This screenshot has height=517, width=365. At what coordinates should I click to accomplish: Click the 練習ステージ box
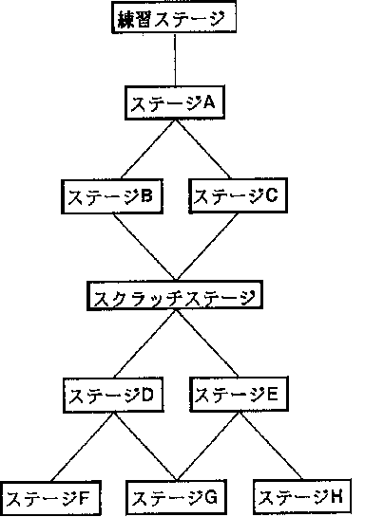[x=174, y=17]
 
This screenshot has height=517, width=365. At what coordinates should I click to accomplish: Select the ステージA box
[x=175, y=102]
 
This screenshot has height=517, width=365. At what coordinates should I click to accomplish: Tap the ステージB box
[x=112, y=196]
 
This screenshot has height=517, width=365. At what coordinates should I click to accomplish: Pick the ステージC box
[x=239, y=195]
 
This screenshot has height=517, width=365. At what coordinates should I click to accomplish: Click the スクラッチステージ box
[x=175, y=296]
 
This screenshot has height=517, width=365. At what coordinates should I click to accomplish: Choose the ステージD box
[x=113, y=396]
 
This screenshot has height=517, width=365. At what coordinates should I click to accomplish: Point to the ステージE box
[x=240, y=395]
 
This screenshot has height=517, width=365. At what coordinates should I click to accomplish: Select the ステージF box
[x=50, y=499]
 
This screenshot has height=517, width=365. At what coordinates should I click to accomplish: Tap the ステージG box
[x=177, y=497]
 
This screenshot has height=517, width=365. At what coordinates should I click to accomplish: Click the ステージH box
[x=302, y=496]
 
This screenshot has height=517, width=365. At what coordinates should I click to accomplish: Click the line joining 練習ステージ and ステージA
[x=175, y=60]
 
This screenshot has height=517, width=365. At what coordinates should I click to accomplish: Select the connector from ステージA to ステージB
[x=148, y=149]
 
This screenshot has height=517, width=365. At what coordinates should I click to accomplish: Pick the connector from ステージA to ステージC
[x=202, y=149]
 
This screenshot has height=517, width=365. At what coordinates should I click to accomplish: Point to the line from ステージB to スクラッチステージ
[x=144, y=247]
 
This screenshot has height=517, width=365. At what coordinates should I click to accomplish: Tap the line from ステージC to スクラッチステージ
[x=207, y=247]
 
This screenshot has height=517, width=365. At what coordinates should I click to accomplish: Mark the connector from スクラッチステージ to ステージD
[x=144, y=344]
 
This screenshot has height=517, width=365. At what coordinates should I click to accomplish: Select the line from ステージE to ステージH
[x=270, y=446]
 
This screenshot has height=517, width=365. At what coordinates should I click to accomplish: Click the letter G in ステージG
[x=210, y=496]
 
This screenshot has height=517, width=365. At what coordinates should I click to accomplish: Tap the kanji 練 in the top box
[x=125, y=19]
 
